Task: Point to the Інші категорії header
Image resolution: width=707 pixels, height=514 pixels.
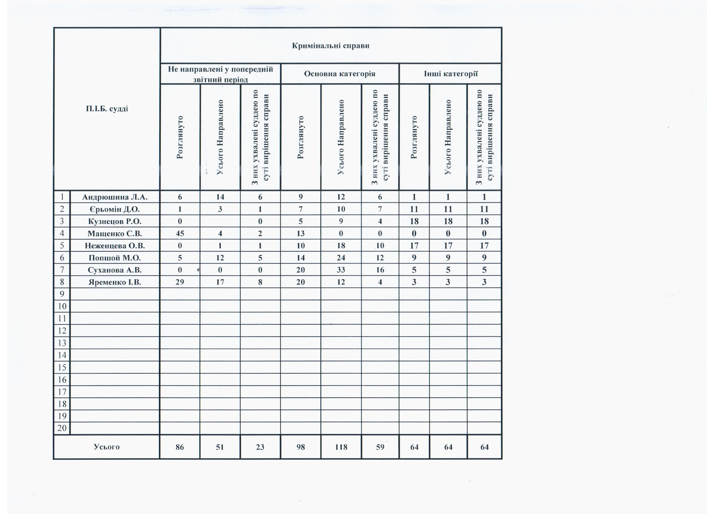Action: [450, 74]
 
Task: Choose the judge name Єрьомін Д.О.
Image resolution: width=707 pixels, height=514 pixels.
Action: [115, 209]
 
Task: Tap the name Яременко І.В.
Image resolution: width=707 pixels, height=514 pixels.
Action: [115, 282]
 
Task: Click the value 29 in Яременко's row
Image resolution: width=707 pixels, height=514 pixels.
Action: [180, 282]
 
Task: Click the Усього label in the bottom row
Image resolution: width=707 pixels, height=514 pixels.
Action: [107, 447]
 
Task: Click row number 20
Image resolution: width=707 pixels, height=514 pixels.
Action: [62, 428]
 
